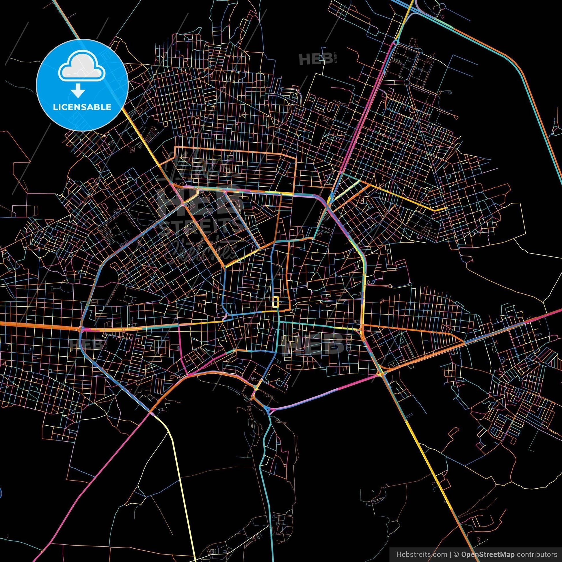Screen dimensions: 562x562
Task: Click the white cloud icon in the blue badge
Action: pos(82,68)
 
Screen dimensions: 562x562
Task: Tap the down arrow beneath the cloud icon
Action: pos(77,92)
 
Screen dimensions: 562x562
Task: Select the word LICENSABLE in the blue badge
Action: pos(82,107)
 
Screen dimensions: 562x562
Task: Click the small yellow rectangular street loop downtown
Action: pos(275,302)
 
